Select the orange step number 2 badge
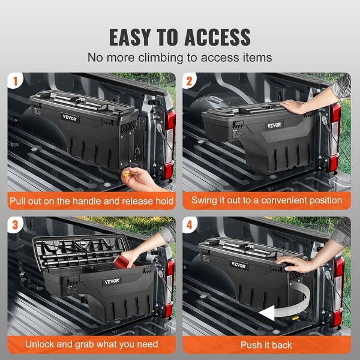pos(191,80)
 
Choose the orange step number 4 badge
pos(191,224)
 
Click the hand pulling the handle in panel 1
pos(141,178)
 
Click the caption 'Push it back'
pos(266,344)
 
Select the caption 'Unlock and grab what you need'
pos(91,344)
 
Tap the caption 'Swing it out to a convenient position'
pos(266,200)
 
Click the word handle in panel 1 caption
pos(104,200)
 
